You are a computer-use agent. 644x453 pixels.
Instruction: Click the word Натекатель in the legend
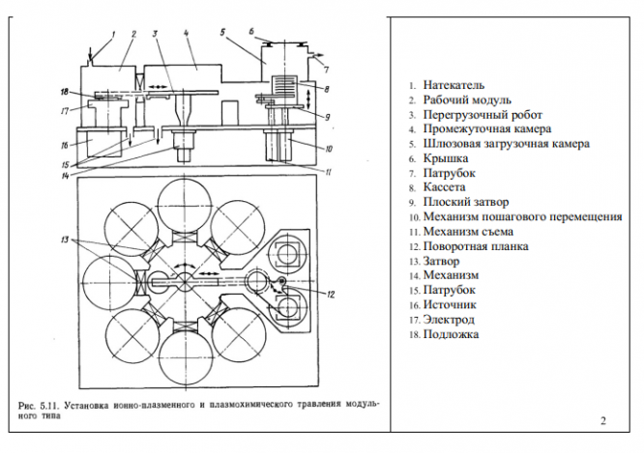click(454, 85)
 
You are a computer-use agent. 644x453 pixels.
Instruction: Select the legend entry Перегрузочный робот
click(483, 115)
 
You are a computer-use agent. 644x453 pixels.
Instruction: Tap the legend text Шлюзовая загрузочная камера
click(507, 144)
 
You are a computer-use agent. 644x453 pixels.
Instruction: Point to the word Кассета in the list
click(444, 187)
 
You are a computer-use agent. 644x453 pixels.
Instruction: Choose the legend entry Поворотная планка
click(476, 246)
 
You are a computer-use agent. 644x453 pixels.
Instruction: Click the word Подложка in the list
click(451, 334)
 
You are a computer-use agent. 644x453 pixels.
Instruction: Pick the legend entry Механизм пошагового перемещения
click(522, 216)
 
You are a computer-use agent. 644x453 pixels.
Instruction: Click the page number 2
click(603, 421)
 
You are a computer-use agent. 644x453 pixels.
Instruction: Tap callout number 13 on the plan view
click(65, 240)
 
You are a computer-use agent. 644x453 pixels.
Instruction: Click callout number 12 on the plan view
click(331, 295)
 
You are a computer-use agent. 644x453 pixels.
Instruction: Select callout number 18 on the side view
click(65, 92)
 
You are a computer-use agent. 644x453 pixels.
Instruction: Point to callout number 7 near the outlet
click(326, 71)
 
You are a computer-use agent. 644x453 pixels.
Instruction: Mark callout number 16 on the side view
click(65, 146)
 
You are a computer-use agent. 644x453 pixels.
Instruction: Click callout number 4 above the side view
click(186, 33)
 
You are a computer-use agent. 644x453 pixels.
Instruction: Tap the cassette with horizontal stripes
click(284, 85)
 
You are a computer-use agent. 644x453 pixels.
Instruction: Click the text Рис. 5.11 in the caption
click(39, 407)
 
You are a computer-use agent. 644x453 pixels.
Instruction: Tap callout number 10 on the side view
click(329, 149)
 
